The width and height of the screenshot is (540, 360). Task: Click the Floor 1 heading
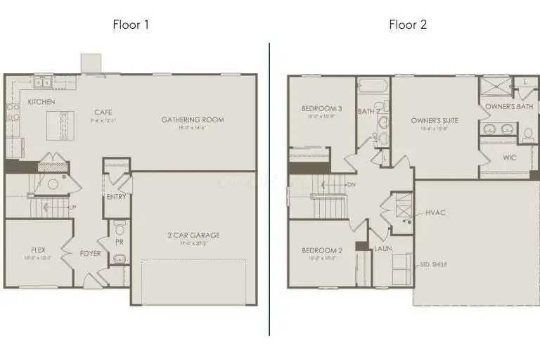click(131, 25)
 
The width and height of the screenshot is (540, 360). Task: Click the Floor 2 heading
click(408, 25)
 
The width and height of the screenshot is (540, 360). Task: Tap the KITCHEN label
click(41, 102)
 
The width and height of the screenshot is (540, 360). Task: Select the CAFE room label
click(103, 112)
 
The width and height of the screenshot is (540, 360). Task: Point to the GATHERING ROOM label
click(193, 120)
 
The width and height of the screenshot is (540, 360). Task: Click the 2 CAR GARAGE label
click(194, 235)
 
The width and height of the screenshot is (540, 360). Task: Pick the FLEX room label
click(38, 250)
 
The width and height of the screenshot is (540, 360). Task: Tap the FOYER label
click(90, 253)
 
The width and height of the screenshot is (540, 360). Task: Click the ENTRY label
click(116, 197)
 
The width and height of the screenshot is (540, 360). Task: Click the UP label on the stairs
click(72, 207)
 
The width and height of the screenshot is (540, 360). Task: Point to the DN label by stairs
click(351, 185)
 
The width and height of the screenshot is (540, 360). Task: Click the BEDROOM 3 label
click(321, 108)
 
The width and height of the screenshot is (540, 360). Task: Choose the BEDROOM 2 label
click(321, 250)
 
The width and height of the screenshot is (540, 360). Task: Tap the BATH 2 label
click(368, 111)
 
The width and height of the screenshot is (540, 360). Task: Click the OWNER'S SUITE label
click(435, 120)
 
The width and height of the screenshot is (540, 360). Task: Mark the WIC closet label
click(510, 157)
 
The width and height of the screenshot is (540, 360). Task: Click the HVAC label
click(435, 212)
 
